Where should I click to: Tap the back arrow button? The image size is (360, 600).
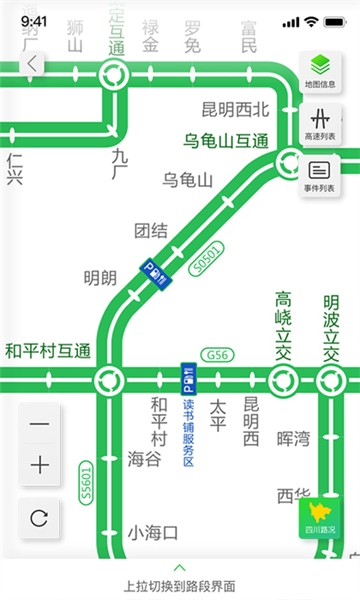click(x=32, y=63)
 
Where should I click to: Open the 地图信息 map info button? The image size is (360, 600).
click(x=320, y=70)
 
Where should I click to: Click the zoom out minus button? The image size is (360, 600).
click(x=39, y=424)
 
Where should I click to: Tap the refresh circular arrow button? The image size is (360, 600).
click(x=39, y=518)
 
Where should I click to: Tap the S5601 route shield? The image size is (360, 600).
click(x=86, y=482)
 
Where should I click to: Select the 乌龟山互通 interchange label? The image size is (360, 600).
click(x=226, y=140)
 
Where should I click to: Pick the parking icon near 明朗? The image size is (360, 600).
click(x=157, y=273)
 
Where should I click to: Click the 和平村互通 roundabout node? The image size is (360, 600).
click(x=109, y=378)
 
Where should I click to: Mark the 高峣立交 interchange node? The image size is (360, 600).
click(x=282, y=378)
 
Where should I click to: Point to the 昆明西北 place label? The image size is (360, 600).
click(x=236, y=109)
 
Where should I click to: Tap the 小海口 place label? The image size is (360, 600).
click(x=153, y=532)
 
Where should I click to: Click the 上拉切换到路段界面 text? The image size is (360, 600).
click(x=179, y=586)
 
